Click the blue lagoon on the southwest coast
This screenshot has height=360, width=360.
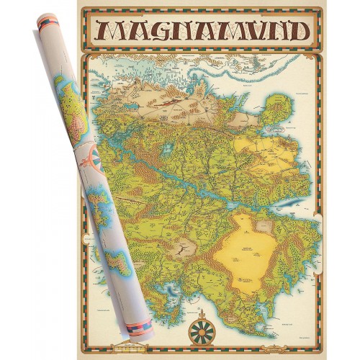pyautogui.click(x=174, y=289)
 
